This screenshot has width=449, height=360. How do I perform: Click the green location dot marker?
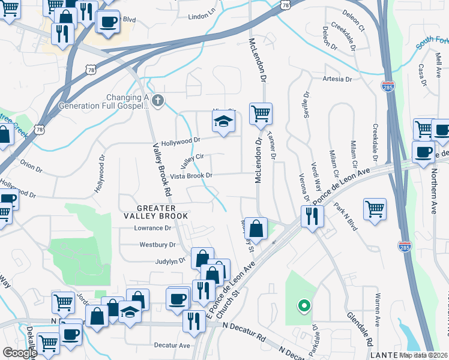click(304, 306)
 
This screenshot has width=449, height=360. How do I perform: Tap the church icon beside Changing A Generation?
click(158, 100)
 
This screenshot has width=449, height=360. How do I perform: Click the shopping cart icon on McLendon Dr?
click(261, 113)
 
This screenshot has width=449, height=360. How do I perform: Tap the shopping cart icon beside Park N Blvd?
click(375, 209)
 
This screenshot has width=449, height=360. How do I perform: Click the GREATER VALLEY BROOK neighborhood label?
click(156, 211)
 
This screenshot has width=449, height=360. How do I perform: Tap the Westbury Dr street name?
click(157, 245)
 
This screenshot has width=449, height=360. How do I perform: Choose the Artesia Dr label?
click(337, 79)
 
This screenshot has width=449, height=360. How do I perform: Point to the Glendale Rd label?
click(355, 324)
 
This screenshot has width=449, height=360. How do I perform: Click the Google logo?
click(19, 353)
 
